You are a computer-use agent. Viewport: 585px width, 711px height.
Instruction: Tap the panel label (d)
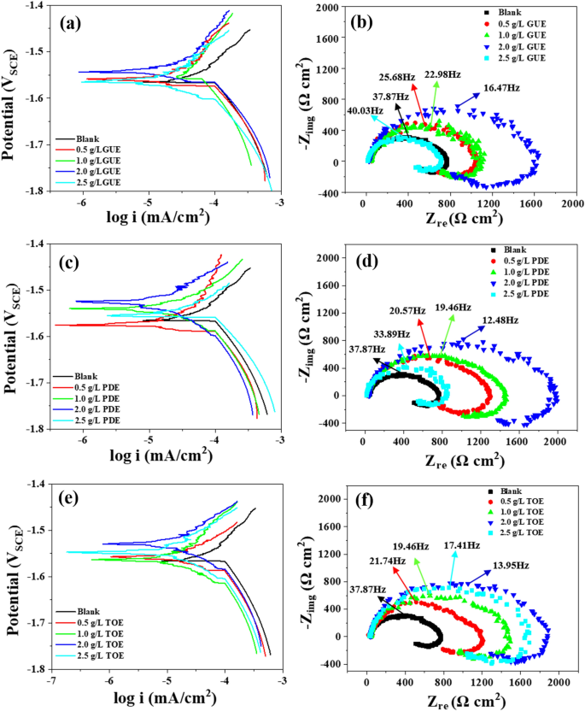(x=371, y=260)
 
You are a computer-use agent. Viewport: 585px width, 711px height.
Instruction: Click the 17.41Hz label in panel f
(x=457, y=544)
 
